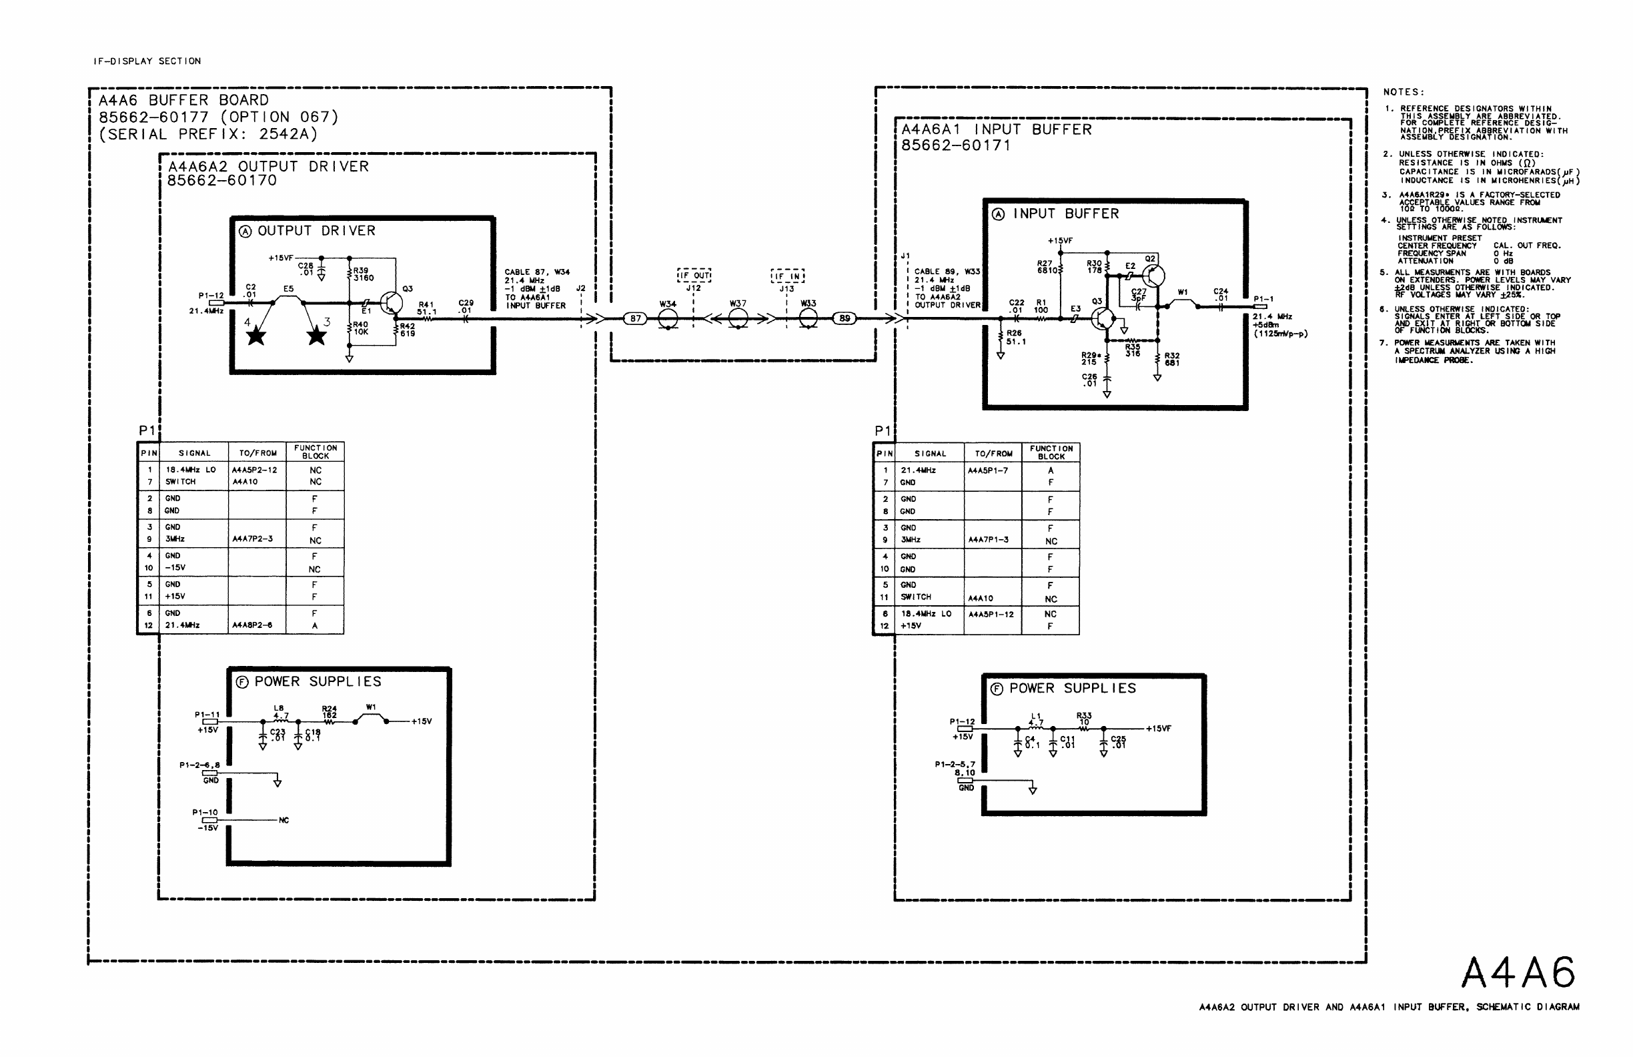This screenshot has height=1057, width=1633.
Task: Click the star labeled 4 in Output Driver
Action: click(256, 336)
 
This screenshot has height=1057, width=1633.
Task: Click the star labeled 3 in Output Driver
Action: click(316, 336)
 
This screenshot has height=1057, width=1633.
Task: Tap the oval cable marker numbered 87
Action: click(635, 318)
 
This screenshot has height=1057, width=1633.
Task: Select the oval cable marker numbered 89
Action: click(845, 318)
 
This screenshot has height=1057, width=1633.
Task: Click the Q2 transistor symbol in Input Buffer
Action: click(1153, 276)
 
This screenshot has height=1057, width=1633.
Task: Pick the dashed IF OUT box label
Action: click(694, 276)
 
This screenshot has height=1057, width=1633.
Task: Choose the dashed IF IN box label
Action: click(788, 276)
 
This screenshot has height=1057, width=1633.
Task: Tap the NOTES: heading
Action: click(1404, 92)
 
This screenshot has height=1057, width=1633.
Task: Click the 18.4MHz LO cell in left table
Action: click(191, 470)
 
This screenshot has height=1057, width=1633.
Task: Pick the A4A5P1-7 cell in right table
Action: click(988, 471)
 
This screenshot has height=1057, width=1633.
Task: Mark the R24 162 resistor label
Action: click(330, 712)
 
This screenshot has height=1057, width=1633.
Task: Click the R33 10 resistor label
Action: click(1084, 719)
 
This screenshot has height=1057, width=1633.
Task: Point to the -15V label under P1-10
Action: click(207, 828)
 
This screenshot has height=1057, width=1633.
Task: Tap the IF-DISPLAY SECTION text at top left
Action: click(147, 61)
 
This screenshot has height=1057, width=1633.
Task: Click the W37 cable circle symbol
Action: click(738, 318)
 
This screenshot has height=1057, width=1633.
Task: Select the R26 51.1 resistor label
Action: click(1015, 337)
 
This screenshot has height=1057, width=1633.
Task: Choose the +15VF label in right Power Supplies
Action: click(1158, 728)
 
